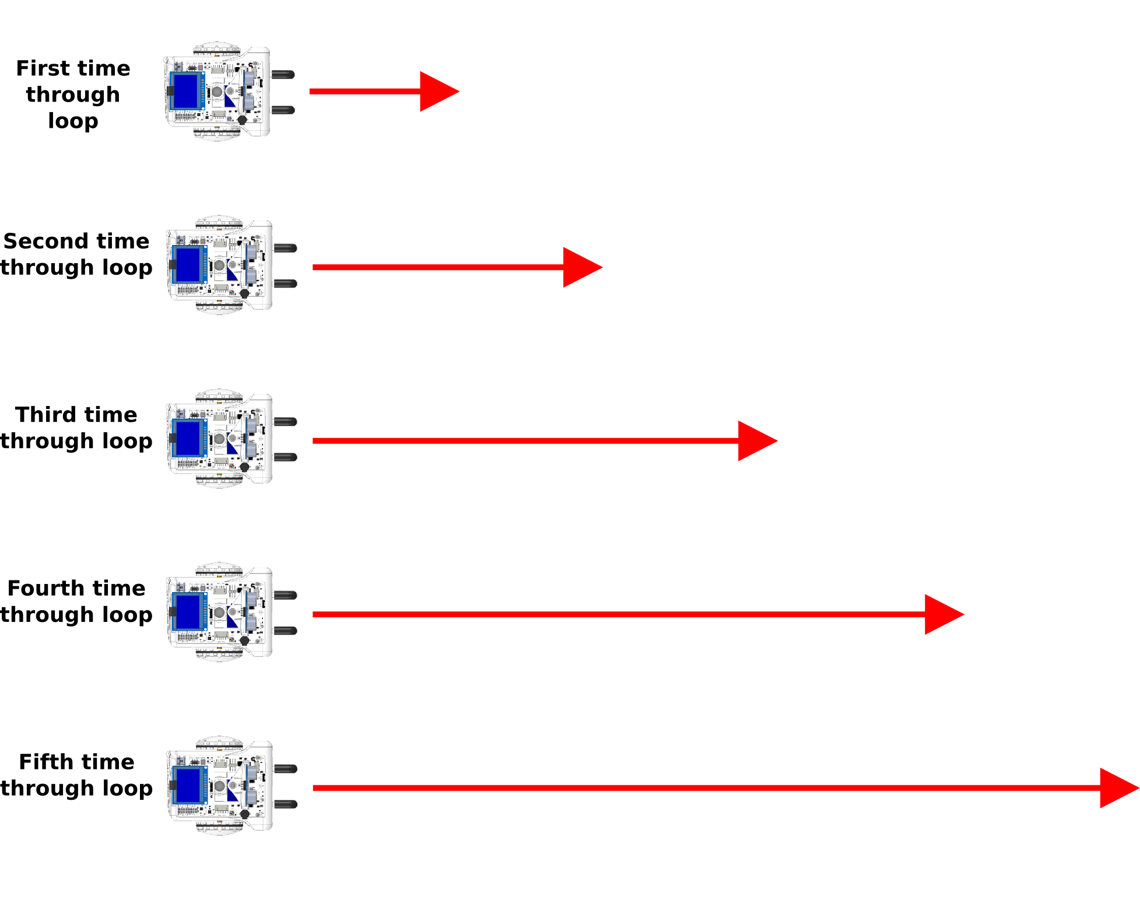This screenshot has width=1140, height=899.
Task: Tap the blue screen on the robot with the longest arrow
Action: coord(189,785)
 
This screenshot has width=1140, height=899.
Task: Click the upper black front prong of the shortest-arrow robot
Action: coord(283,74)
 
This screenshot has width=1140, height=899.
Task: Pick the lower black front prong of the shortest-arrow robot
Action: coord(283,110)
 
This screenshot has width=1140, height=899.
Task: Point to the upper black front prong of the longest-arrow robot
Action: coord(285,769)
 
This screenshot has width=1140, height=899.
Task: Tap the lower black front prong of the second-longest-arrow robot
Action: coord(285,631)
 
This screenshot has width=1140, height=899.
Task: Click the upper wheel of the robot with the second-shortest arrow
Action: coord(219,222)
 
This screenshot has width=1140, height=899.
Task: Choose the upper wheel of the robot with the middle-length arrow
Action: coord(219,396)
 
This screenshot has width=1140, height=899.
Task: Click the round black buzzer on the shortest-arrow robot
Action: coord(242,120)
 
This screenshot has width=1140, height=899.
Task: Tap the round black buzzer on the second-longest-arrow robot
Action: coord(244,641)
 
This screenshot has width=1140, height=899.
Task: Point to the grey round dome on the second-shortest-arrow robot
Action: coord(219,265)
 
